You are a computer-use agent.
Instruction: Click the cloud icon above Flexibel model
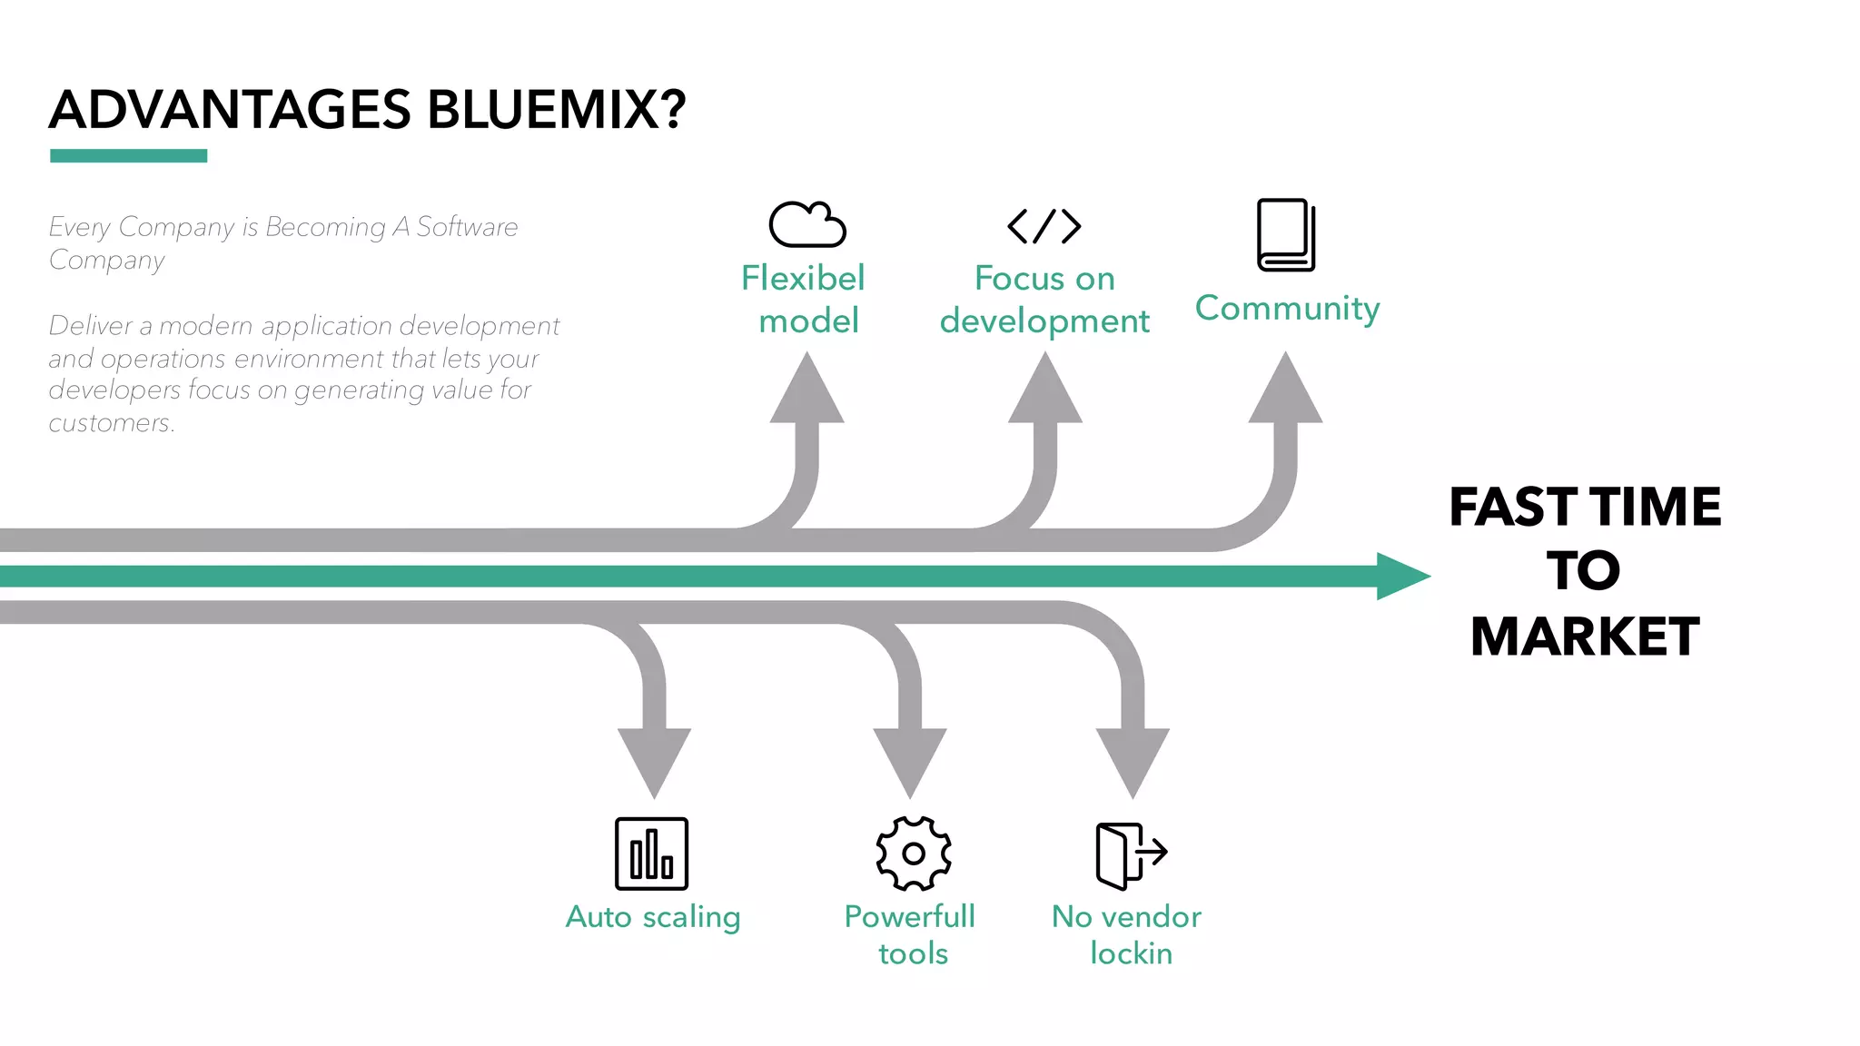click(806, 224)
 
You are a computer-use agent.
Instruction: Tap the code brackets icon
click(1044, 226)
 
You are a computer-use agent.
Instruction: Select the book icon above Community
click(1285, 235)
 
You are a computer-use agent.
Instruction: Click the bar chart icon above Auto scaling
click(651, 854)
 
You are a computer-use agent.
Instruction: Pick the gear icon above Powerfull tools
click(913, 854)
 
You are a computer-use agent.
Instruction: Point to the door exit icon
click(1130, 854)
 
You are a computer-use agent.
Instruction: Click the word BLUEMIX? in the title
click(556, 110)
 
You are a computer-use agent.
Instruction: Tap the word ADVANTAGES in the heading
click(230, 110)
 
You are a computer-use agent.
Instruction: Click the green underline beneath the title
click(128, 156)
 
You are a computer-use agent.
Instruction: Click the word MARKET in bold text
click(1584, 636)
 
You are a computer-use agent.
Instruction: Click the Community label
click(1287, 309)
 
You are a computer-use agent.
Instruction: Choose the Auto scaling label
click(652, 917)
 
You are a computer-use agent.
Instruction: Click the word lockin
click(1131, 953)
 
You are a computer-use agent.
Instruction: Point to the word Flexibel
click(803, 279)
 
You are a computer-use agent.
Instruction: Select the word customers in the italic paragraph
click(110, 423)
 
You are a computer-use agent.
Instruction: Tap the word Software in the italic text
click(467, 227)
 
